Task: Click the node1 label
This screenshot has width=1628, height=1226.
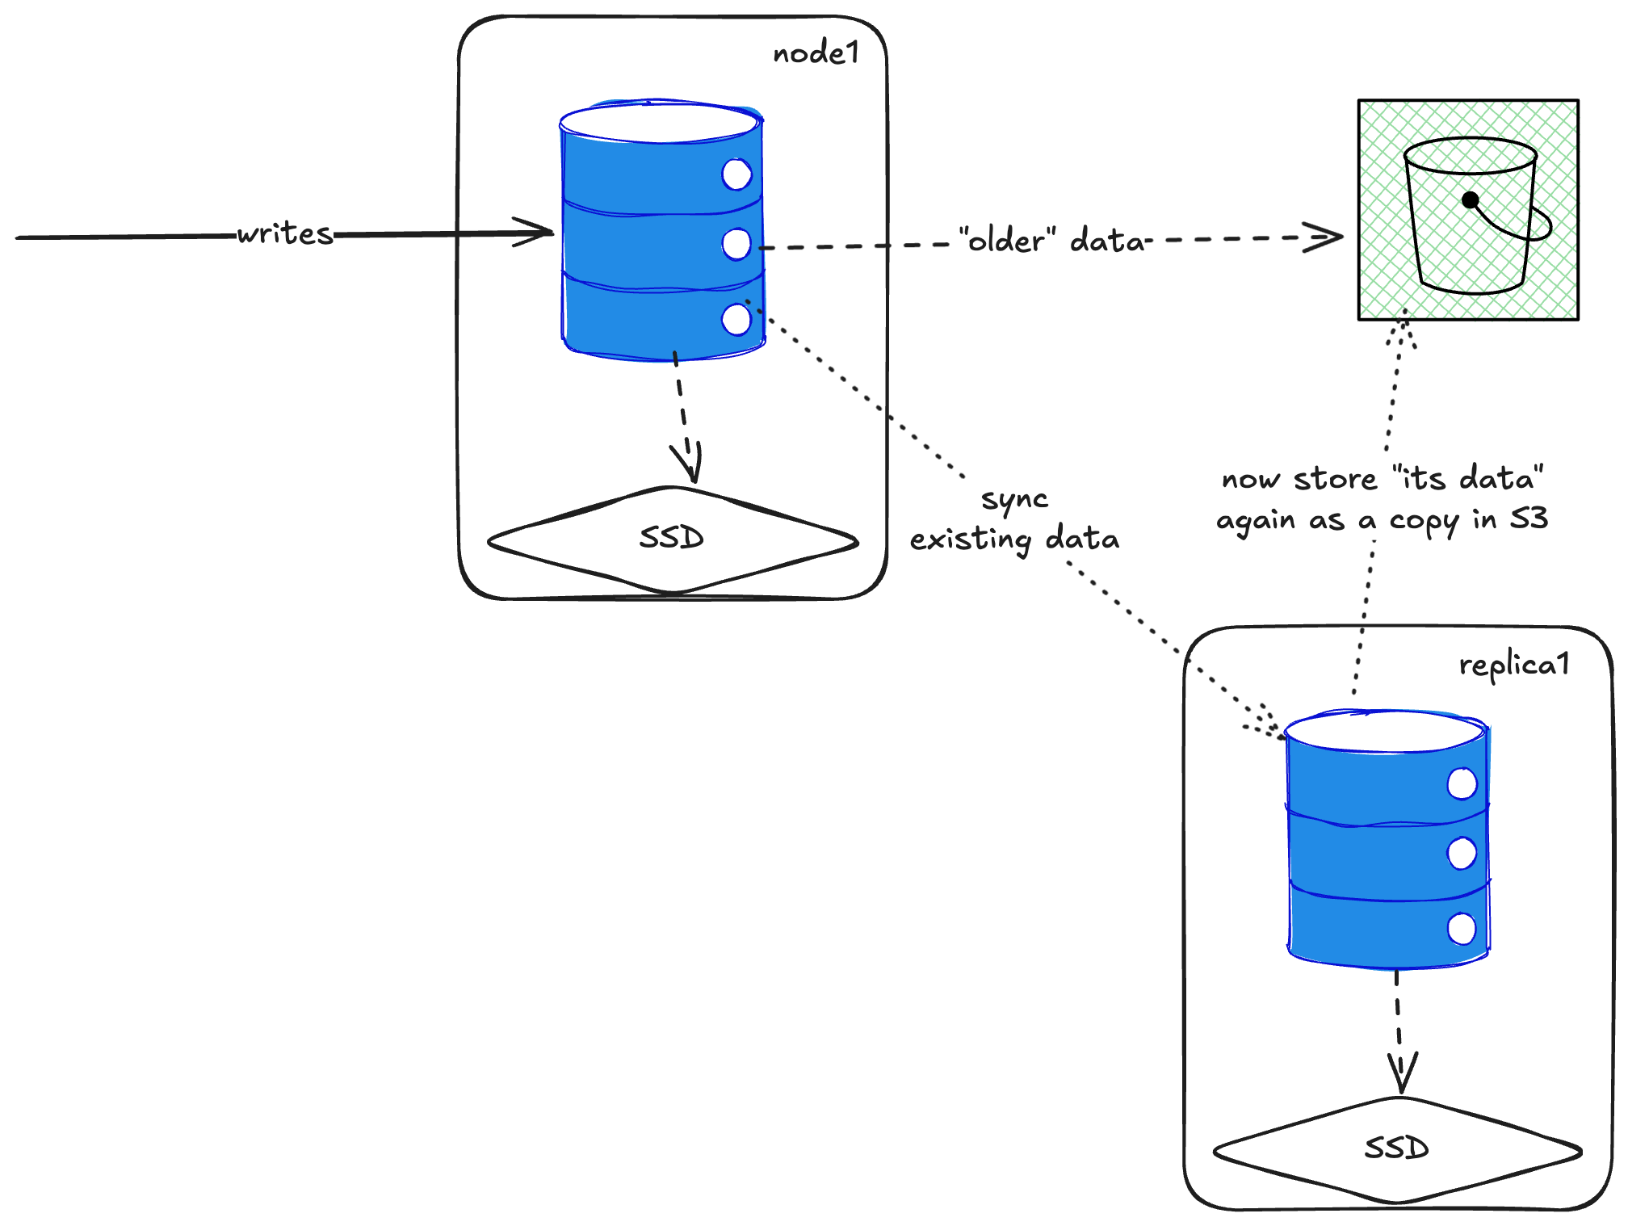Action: [x=816, y=53]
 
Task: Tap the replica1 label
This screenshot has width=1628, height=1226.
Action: [x=1513, y=665]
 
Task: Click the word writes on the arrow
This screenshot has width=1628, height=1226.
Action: [x=285, y=233]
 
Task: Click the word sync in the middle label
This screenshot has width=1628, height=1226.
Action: [x=1014, y=500]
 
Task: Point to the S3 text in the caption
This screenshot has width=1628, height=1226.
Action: [x=1529, y=518]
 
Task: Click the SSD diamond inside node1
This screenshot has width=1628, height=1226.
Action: [x=672, y=539]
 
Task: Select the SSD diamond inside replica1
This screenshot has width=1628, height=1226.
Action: [x=1396, y=1148]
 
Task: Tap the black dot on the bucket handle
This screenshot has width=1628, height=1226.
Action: [x=1471, y=199]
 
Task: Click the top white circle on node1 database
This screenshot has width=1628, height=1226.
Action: [x=736, y=174]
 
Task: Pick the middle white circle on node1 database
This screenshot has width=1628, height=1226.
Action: [x=736, y=244]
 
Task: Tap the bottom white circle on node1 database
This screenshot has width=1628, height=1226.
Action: [x=736, y=319]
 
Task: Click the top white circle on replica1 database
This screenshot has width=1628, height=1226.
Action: [x=1462, y=783]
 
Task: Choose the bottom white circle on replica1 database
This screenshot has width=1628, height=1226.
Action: [x=1462, y=929]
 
